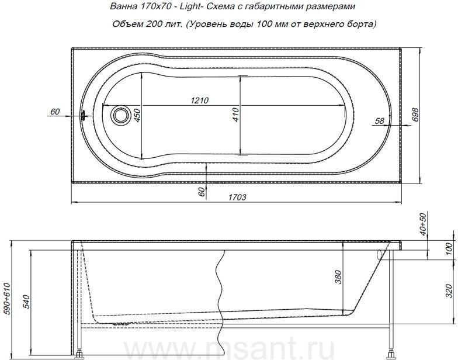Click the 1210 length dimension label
coord(200,101)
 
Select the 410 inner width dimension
coord(236,115)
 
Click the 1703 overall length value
coord(237,198)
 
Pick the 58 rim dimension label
coord(379,120)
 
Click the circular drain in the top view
coord(120,115)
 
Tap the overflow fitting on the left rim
coord(84,115)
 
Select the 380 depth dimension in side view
coord(338,277)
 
